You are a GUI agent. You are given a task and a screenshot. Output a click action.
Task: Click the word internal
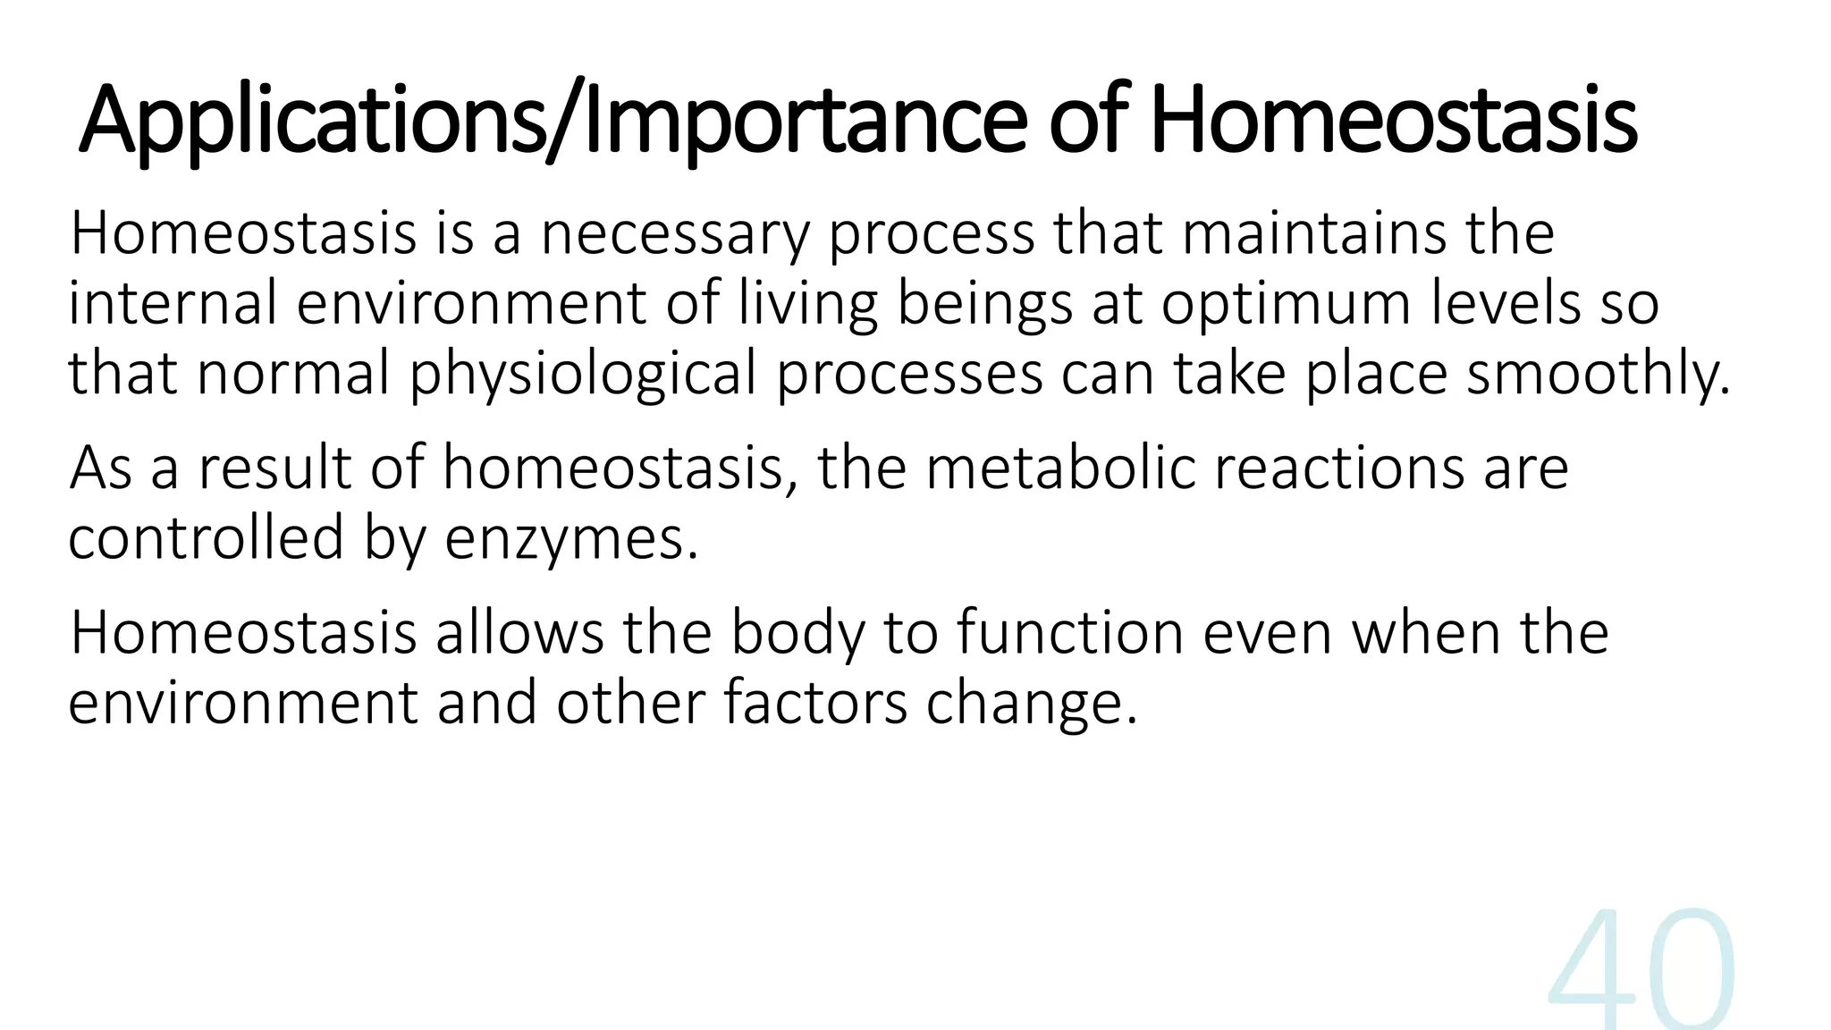[173, 304]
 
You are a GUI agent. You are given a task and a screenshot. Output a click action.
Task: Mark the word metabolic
[1059, 469]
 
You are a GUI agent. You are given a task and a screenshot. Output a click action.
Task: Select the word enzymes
[570, 540]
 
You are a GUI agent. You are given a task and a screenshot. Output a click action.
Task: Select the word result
[274, 469]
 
